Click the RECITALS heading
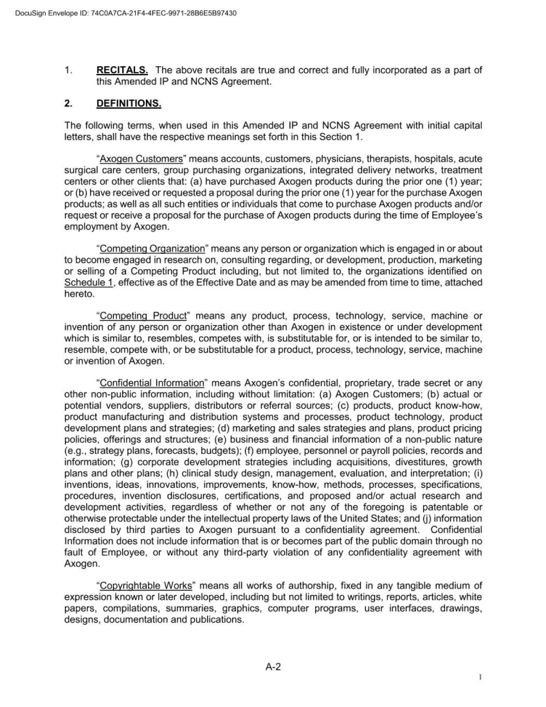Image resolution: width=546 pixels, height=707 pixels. (122, 70)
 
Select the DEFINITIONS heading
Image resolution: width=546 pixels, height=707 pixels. (129, 104)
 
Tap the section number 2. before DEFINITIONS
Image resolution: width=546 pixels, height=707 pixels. (68, 104)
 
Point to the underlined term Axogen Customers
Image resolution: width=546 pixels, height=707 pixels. (141, 159)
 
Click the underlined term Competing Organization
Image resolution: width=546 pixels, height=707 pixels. (152, 249)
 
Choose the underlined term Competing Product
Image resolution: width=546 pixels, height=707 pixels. (143, 316)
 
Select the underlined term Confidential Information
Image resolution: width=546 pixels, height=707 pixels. (152, 383)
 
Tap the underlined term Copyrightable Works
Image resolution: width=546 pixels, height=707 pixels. (146, 586)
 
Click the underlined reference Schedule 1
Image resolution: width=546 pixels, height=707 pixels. (88, 283)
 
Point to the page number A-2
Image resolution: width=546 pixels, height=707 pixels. (273, 667)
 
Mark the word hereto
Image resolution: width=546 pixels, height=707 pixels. (80, 294)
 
